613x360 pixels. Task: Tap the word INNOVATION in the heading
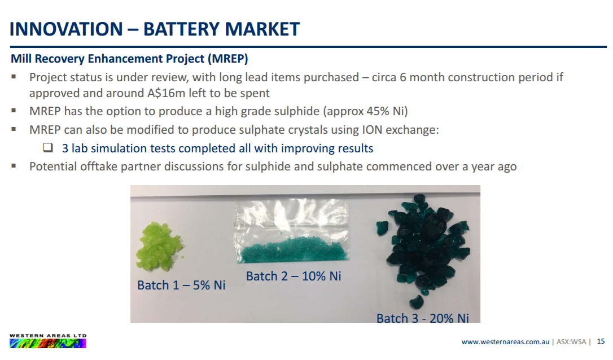(x=66, y=29)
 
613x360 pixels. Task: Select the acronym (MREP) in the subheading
(x=228, y=59)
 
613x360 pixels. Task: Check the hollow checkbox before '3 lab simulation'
(x=47, y=147)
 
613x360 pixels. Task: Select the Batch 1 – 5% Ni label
(x=181, y=285)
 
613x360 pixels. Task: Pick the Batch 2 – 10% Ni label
(x=294, y=276)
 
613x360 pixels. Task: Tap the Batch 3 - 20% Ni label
(x=423, y=318)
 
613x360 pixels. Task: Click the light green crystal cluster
(x=158, y=247)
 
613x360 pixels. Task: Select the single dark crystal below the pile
(x=416, y=302)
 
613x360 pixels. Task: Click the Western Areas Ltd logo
(x=47, y=341)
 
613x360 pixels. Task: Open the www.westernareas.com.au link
(x=505, y=341)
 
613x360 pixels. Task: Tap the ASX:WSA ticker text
(x=571, y=341)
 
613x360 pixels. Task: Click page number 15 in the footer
(x=601, y=341)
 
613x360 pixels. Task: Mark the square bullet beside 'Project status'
(x=14, y=77)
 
